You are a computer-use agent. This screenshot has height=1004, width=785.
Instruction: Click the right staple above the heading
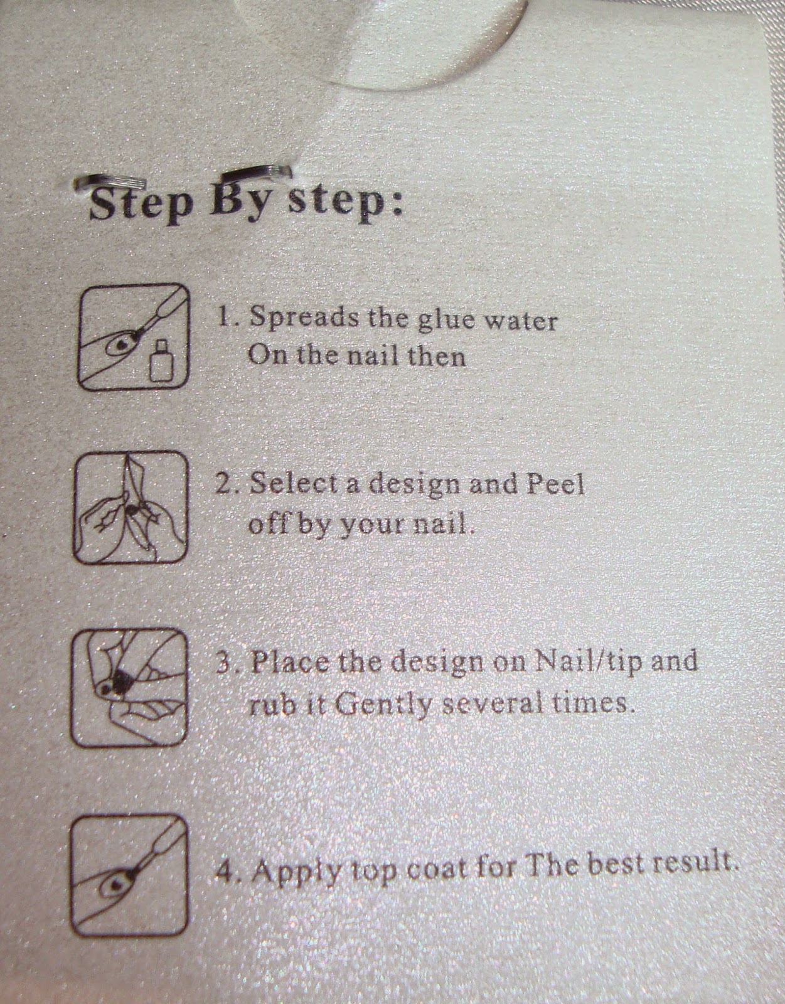click(257, 173)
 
